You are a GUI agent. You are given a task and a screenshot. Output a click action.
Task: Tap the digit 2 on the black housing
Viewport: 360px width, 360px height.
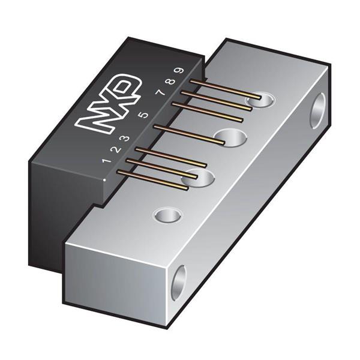(x=116, y=150)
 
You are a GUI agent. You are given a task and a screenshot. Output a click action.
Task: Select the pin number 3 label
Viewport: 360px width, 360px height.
(x=126, y=139)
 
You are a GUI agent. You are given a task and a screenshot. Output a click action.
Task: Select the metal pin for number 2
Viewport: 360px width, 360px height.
(x=162, y=169)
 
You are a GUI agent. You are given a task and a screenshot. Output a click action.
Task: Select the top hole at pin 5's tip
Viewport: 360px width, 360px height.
(x=231, y=137)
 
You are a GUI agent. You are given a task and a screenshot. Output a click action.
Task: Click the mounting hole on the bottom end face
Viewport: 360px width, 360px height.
(x=178, y=282)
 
